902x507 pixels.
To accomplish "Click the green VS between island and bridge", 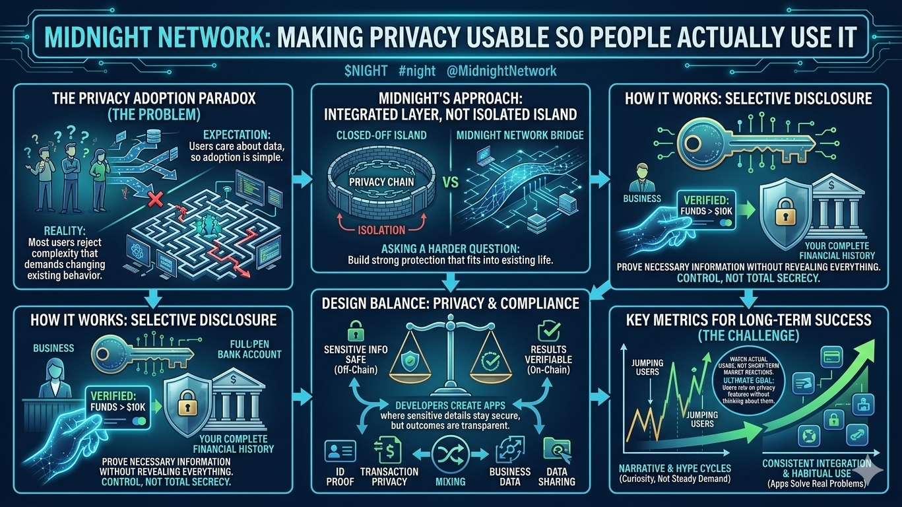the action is point(451,182).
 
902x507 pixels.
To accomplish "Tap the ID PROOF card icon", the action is point(340,452).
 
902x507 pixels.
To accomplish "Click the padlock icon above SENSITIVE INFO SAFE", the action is point(356,330).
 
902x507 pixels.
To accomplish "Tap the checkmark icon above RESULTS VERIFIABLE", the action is point(548,330).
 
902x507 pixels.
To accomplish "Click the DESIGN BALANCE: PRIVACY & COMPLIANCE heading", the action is point(450,304).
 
